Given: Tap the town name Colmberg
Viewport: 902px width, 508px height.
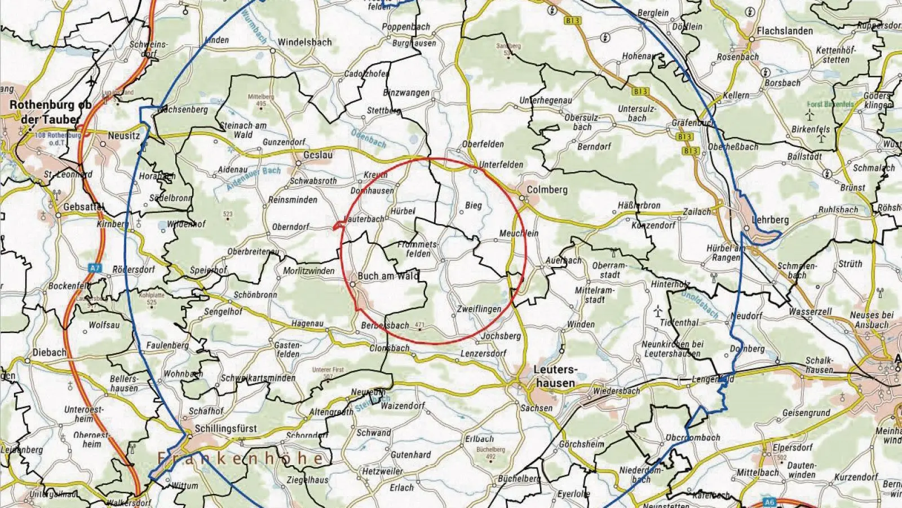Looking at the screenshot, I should pos(547,190).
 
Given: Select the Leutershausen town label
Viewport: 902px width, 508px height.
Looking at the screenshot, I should pos(555,376).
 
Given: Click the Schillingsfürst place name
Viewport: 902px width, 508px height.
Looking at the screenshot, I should pos(225,428).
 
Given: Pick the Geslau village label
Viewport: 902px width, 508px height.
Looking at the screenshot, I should pos(318,155).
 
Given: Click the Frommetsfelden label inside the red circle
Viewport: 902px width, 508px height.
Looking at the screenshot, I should pos(418,249).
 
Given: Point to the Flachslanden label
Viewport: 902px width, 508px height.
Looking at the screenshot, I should pos(785,30).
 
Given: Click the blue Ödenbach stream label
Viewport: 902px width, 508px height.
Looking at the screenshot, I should pos(369,138).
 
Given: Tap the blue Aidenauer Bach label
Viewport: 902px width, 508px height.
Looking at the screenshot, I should pos(254,178).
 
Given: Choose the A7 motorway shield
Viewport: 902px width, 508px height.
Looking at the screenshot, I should pos(94,269).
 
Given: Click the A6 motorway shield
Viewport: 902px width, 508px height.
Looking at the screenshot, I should pos(770,501).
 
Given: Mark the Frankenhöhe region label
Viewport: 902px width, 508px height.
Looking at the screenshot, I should pos(240,458).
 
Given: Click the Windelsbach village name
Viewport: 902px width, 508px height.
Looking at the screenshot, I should pos(304,42).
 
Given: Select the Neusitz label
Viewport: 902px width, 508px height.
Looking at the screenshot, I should pos(123,135).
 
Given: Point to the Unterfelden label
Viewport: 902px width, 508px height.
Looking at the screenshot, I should pos(501,164).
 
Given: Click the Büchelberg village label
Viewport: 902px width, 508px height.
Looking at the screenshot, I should pos(519,479).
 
